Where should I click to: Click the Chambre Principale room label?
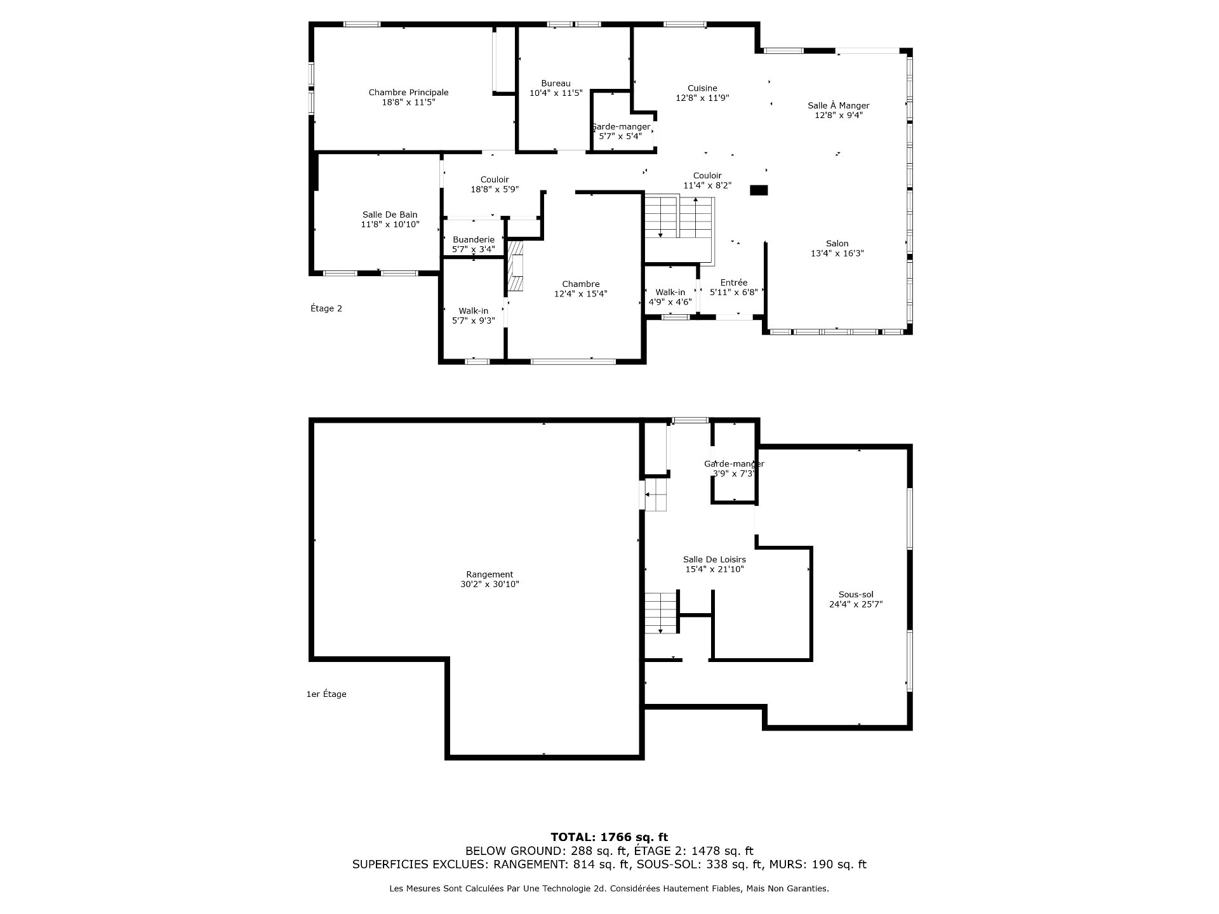tap(408, 93)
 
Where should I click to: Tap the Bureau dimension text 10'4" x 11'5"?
tap(556, 93)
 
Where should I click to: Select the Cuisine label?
tap(702, 88)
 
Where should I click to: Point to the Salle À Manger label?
tap(838, 105)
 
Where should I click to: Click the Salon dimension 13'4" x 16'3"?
tap(837, 253)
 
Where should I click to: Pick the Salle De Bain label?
tap(390, 215)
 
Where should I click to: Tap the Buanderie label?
tap(473, 239)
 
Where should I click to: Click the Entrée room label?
tap(733, 282)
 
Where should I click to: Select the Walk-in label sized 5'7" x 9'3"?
tap(473, 310)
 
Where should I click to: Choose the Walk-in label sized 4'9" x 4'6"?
tap(670, 292)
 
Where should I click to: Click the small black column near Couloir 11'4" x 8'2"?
tap(759, 190)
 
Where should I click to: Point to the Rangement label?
tap(490, 574)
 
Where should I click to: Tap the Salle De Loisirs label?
tap(714, 559)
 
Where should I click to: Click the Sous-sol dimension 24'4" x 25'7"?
tap(855, 604)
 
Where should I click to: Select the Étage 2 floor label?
tap(326, 308)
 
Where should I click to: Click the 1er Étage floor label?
tap(326, 694)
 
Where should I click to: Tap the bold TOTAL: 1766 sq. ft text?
tap(609, 837)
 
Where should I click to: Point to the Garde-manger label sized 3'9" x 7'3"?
tap(734, 464)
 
